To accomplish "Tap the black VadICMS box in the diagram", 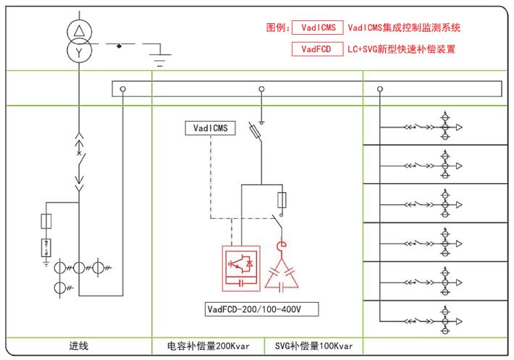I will (210, 128).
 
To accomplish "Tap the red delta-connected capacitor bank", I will (283, 274).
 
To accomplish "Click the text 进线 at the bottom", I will (78, 346).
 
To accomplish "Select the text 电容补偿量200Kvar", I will (208, 346).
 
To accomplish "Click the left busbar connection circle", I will (124, 89).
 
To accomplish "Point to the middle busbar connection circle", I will (261, 89).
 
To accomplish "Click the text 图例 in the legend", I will (277, 28).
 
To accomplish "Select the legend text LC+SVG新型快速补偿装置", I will (401, 50).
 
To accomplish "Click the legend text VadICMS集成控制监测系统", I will (404, 28).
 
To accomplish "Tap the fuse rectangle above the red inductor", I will (282, 201).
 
